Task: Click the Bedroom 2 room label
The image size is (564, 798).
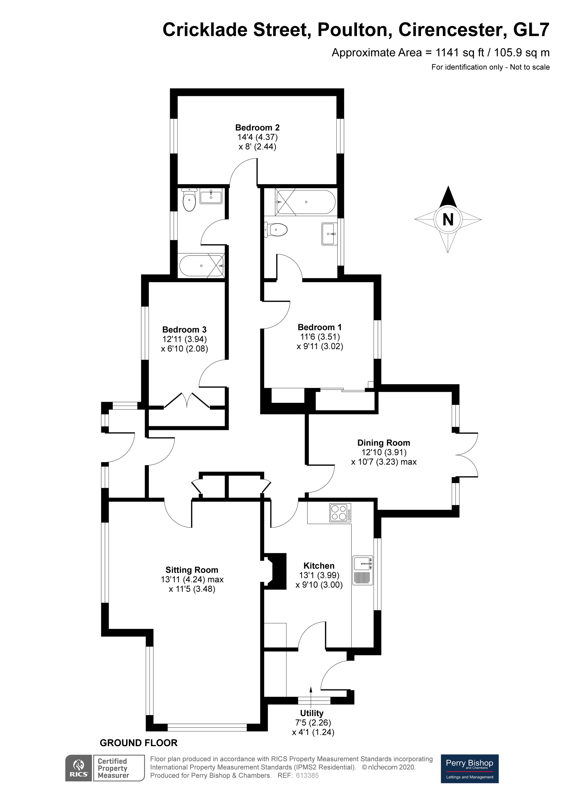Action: point(257,127)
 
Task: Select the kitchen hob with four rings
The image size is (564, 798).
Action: point(340,513)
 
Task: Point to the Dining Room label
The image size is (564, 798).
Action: point(384,443)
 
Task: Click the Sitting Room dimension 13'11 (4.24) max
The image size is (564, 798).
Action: point(192,579)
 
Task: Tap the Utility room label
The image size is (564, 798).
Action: point(312,713)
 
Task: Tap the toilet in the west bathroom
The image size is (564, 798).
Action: point(190,201)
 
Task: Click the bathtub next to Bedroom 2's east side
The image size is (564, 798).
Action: point(306,202)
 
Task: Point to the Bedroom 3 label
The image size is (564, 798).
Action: point(184,329)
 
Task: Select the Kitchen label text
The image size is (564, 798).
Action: point(319,566)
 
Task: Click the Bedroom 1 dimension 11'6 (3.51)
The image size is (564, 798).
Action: point(320,337)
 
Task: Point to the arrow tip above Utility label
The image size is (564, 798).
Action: point(311,688)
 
